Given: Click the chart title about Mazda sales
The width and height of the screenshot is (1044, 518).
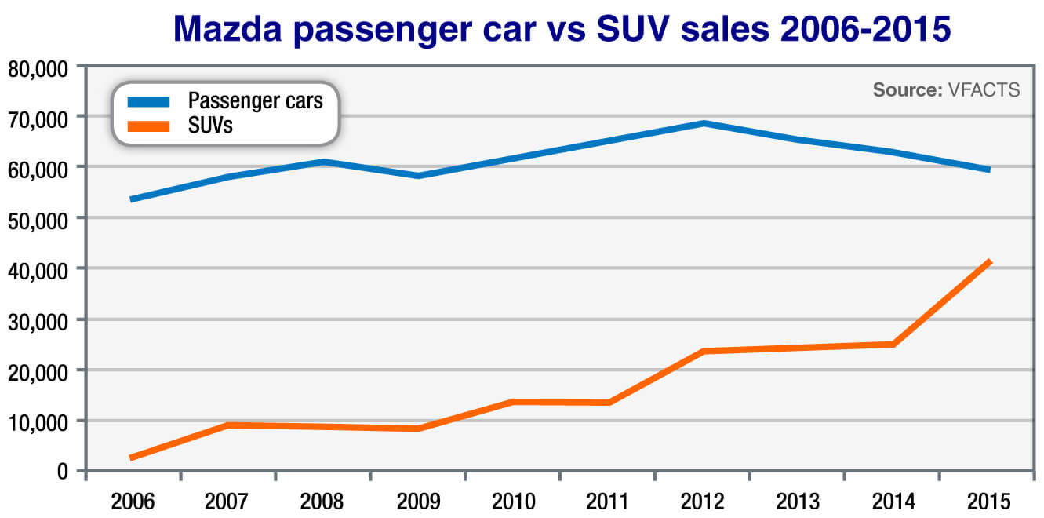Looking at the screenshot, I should [562, 28].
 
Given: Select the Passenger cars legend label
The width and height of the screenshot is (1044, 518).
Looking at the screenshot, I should [255, 100].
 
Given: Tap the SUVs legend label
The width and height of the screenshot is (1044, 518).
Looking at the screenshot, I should [210, 124].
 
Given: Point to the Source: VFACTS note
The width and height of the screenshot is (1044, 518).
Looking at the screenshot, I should [946, 90].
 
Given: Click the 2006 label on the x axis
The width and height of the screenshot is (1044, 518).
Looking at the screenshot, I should [133, 502].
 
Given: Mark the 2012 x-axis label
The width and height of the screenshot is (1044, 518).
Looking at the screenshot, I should [702, 502].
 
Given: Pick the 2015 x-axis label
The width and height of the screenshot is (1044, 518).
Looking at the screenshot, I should [988, 502].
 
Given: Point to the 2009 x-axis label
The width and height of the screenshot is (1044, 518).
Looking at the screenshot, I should [417, 502].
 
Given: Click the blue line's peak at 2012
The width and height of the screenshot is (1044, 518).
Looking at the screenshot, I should [704, 123].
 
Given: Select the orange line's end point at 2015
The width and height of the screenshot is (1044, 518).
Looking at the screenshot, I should [989, 262].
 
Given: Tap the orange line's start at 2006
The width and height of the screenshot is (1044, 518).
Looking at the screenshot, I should [133, 458].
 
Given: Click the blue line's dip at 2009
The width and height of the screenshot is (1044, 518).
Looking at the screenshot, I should [418, 176].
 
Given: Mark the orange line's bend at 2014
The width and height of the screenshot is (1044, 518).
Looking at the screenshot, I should [893, 344].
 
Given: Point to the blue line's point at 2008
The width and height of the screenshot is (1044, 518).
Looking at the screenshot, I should [323, 162].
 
